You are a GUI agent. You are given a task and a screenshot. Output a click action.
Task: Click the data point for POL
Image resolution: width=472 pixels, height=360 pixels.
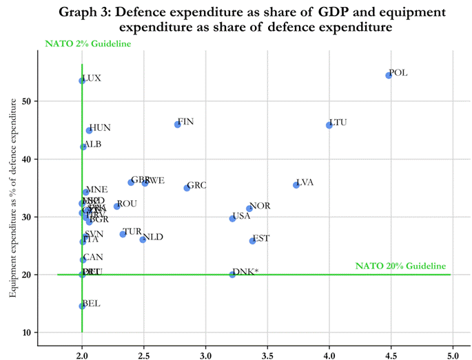[x=389, y=75]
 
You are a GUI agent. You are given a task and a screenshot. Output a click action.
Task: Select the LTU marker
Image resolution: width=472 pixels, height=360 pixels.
[x=329, y=125]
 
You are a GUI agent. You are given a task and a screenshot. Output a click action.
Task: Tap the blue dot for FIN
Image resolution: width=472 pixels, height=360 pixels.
[x=178, y=124]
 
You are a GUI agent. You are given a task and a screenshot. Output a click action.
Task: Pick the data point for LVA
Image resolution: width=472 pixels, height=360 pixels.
[x=296, y=184]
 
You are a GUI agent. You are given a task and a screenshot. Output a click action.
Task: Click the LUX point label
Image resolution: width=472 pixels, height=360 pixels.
[x=92, y=78]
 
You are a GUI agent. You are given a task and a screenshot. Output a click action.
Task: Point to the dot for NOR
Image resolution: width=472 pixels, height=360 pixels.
[x=249, y=209]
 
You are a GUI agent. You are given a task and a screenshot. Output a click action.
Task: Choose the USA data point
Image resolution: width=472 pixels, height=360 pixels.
[x=232, y=218]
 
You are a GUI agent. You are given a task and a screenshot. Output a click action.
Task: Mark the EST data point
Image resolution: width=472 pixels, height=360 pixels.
[x=252, y=240]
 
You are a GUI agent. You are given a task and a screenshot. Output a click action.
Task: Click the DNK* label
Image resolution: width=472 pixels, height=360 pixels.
[x=245, y=272]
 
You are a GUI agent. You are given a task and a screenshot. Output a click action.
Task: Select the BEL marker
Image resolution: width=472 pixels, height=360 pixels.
[x=82, y=306]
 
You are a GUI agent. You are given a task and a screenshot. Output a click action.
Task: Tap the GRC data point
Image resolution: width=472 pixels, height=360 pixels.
[x=187, y=187]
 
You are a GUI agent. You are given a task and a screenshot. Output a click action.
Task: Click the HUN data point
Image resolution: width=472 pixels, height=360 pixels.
[x=89, y=130]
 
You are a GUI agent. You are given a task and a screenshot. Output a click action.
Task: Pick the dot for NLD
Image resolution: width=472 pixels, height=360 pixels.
[x=143, y=240]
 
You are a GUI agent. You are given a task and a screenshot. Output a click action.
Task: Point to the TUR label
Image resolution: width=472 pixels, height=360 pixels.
[x=132, y=232]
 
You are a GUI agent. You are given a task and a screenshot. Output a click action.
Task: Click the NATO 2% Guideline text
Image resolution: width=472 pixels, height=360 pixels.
[x=88, y=44]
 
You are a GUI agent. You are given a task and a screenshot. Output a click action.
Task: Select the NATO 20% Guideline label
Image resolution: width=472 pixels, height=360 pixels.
[x=400, y=266]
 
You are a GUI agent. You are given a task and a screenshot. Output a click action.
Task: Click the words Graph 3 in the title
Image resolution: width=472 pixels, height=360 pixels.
[x=88, y=12]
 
